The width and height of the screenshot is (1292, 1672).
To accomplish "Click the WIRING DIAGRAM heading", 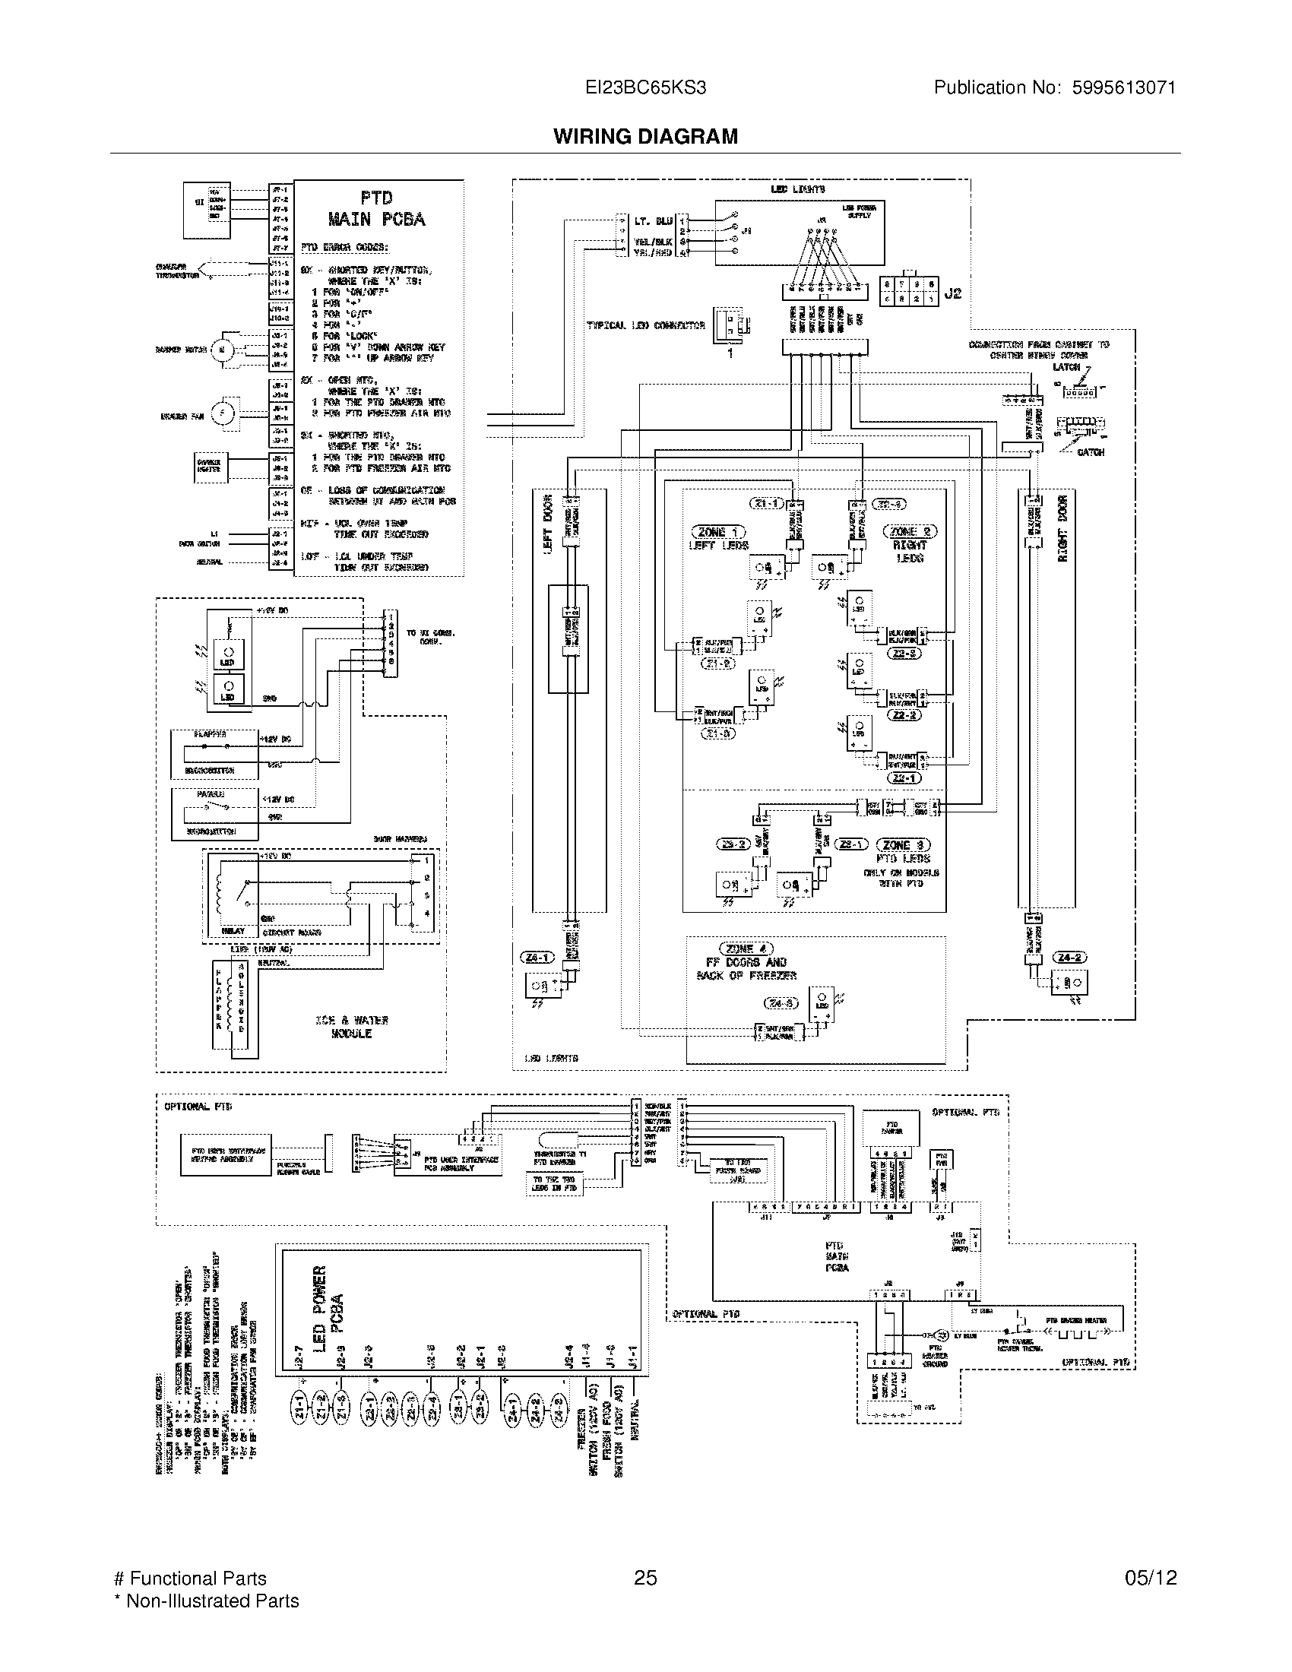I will [x=645, y=136].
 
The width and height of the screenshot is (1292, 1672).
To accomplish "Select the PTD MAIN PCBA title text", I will [x=376, y=209].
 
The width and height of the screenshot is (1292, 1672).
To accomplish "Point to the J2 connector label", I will [x=952, y=293].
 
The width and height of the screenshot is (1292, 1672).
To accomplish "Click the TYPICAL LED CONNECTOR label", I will [x=645, y=325].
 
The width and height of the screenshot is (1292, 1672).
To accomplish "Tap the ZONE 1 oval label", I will [x=718, y=532].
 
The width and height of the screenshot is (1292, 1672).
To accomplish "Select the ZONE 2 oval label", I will [x=910, y=531].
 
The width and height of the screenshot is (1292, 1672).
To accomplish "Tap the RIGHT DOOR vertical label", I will [x=1062, y=528].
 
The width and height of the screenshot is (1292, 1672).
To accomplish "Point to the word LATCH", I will [x=1066, y=367].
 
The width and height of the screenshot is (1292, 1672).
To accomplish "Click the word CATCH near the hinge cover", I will [x=1090, y=452].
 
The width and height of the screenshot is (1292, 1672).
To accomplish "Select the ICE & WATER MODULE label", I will [x=351, y=1027].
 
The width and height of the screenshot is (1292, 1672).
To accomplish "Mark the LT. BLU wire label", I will [x=653, y=221].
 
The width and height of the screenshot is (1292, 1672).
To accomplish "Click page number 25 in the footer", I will [x=645, y=1578].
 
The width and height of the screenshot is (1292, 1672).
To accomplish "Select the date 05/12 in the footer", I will [x=1151, y=1578].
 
